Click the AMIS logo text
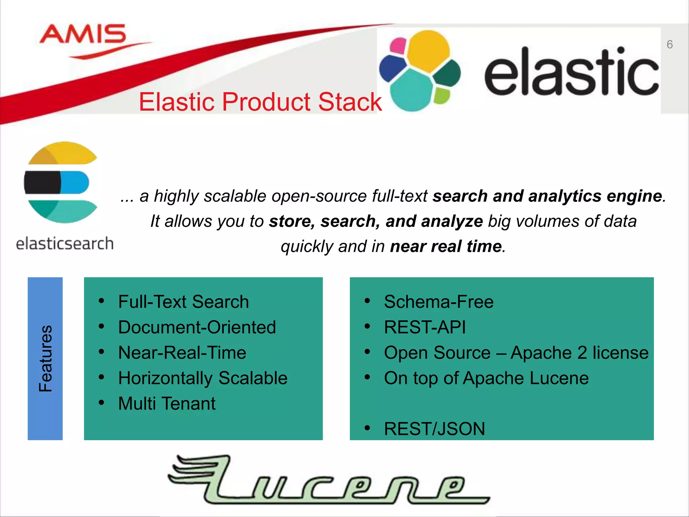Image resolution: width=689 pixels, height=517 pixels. (83, 34)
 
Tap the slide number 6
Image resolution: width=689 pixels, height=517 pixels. (669, 44)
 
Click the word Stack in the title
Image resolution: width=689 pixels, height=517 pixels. (350, 102)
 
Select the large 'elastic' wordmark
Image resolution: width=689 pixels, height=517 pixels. (571, 72)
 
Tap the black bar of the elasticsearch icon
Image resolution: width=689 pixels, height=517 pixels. (42, 182)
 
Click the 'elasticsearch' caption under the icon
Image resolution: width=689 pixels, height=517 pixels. (65, 243)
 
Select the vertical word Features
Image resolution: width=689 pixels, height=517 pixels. (45, 358)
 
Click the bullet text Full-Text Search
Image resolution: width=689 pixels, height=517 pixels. (183, 302)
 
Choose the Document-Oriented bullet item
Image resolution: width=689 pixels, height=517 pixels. (197, 327)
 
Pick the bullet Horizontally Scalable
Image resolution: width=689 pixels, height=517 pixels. (203, 378)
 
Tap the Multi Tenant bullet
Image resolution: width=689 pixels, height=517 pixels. (167, 404)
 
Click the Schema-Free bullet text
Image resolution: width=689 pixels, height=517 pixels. (438, 302)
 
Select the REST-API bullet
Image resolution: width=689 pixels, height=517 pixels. (425, 327)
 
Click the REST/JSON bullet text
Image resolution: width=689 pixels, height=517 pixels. (434, 429)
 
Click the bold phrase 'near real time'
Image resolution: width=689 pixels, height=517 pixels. (446, 246)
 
